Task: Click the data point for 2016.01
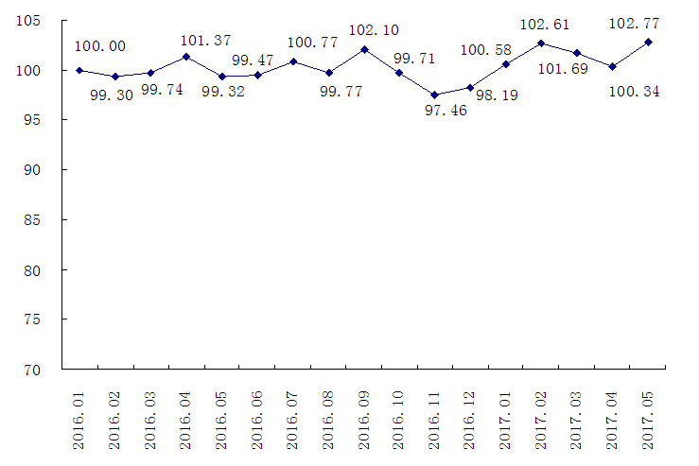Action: pyautogui.click(x=79, y=70)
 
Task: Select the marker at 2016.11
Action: pyautogui.click(x=435, y=95)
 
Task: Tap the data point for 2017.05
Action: pyautogui.click(x=649, y=42)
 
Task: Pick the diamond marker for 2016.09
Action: pyautogui.click(x=364, y=49)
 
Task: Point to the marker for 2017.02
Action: pyautogui.click(x=542, y=43)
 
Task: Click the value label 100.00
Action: pyautogui.click(x=100, y=45)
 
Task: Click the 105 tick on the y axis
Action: pyautogui.click(x=33, y=21)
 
